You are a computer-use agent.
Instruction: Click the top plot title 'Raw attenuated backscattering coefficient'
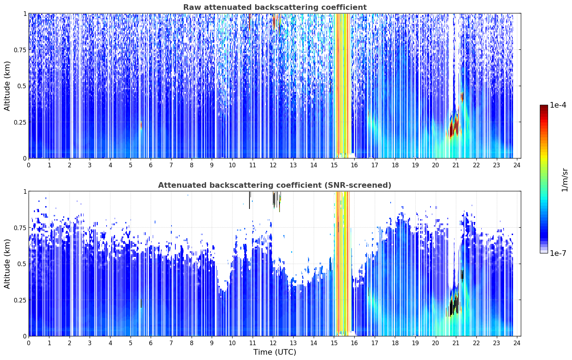(x=275, y=7)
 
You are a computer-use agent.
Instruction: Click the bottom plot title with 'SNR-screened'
(x=275, y=185)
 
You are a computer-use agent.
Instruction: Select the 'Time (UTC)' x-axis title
(x=275, y=352)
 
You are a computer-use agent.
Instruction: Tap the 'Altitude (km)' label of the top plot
(x=7, y=86)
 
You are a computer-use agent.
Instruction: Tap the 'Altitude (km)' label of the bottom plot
(x=7, y=264)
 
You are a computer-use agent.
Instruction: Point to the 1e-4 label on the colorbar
(x=558, y=105)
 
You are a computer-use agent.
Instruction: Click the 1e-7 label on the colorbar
(x=558, y=253)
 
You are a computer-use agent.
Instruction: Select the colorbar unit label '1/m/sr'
(x=565, y=180)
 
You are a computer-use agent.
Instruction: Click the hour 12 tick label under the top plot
(x=273, y=165)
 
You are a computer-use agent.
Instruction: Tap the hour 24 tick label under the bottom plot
(x=517, y=343)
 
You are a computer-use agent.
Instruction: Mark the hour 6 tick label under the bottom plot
(x=151, y=343)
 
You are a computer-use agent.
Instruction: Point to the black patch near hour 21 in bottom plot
(x=453, y=305)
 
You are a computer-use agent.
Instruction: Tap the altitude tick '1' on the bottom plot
(x=25, y=192)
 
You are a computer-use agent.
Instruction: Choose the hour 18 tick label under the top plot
(x=395, y=165)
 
